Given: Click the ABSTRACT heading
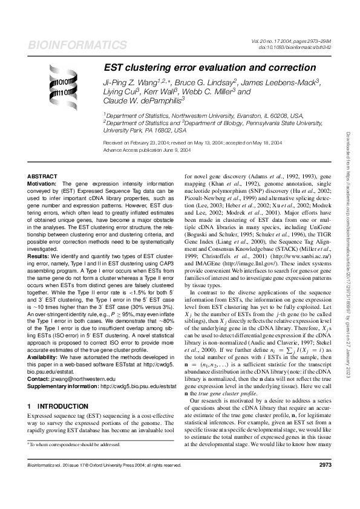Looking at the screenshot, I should tap(43, 176).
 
